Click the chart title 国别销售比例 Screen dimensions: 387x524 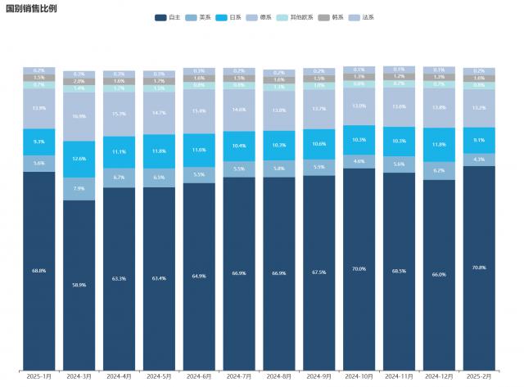tap(31, 7)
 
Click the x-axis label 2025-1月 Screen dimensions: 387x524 tap(38, 376)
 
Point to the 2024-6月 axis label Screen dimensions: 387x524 tap(199, 376)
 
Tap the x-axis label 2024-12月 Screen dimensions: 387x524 tap(439, 376)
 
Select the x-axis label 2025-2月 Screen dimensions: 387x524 tap(479, 376)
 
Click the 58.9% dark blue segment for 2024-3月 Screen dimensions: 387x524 tap(79, 285)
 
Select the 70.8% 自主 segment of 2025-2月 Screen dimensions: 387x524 tap(479, 268)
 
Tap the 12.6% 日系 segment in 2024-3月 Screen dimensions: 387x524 tap(79, 159)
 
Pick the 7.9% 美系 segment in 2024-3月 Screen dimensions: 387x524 tap(79, 189)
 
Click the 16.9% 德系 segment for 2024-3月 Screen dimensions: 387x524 tap(79, 117)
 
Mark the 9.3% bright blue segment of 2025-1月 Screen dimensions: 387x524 tap(38, 142)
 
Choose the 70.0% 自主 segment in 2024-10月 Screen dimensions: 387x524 tap(359, 268)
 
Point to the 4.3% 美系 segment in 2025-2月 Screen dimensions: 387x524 tap(479, 160)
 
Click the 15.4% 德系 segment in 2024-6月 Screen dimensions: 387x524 tap(199, 111)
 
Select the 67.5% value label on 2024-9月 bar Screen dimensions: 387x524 tap(318, 272)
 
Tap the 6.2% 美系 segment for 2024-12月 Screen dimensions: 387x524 tap(439, 170)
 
